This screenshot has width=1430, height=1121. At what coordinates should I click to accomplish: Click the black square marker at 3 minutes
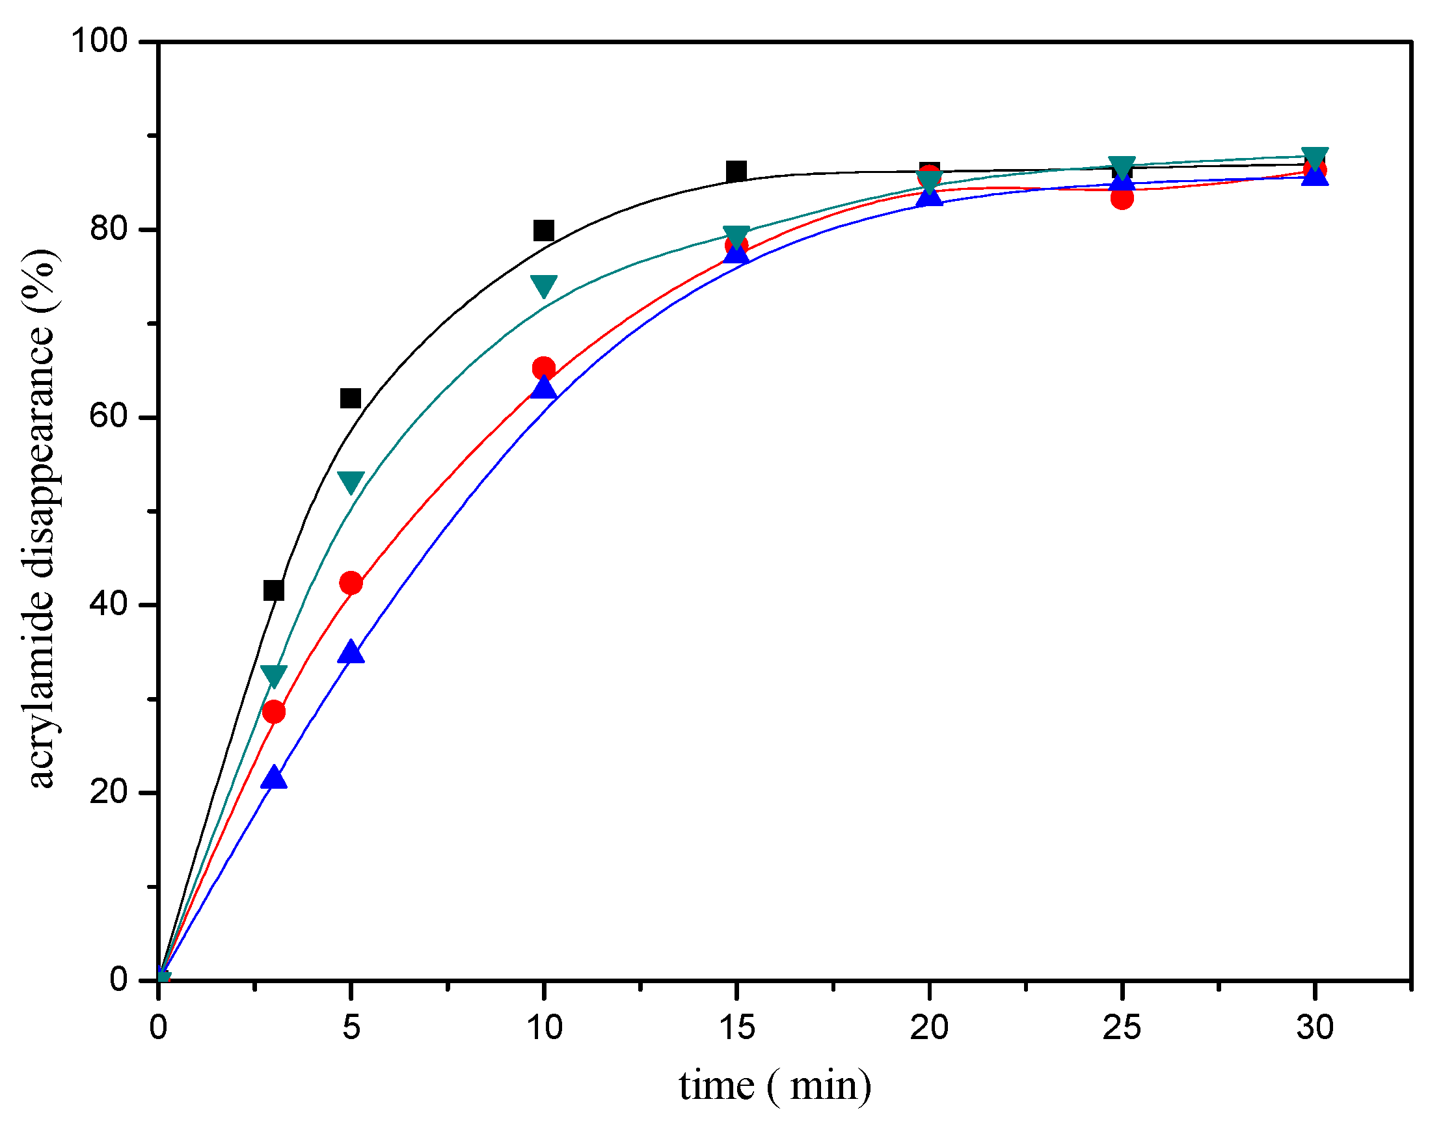point(274,590)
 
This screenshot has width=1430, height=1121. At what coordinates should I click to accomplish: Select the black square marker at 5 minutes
point(351,399)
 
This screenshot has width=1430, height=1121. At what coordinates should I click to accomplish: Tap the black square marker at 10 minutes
point(544,230)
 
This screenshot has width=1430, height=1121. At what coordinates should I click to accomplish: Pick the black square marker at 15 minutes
point(736,171)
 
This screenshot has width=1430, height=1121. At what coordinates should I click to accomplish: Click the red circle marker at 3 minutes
point(274,712)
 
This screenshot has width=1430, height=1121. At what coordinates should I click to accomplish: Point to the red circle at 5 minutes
point(351,583)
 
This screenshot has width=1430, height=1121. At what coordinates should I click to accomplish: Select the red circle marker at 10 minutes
point(544,368)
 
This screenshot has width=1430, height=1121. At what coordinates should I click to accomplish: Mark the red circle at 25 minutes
point(1123,198)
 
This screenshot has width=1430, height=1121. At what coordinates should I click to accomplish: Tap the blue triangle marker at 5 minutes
point(351,652)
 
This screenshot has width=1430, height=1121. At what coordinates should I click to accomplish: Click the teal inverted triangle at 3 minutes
point(274,676)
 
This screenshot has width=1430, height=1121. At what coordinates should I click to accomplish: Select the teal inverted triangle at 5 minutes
point(351,482)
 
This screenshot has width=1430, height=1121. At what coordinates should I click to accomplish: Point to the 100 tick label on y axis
point(98,41)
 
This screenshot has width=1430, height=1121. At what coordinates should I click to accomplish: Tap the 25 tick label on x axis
point(1122,1028)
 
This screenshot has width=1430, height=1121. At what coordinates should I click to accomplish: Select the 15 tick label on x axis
point(736,1028)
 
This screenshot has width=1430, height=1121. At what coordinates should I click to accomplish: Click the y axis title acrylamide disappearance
point(41,518)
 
